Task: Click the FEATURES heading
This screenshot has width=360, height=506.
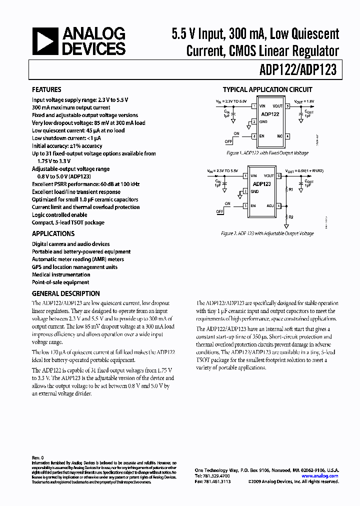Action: pos(46,90)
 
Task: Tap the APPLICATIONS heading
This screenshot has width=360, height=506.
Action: pos(53,233)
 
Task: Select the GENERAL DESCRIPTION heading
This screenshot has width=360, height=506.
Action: pos(65,293)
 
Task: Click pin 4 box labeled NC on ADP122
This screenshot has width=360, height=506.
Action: pos(287,136)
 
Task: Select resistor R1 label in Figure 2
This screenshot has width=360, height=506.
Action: pos(290,190)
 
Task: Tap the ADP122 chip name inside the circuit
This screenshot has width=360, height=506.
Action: pos(270,114)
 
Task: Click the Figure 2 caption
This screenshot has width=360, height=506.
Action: pos(267,233)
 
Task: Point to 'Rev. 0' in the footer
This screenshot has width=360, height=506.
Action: pos(38,457)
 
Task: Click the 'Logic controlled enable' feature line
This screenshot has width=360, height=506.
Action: pos(59,214)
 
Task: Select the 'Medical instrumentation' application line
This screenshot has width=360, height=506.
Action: pos(61,274)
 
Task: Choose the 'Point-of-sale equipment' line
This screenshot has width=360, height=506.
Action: pos(60,282)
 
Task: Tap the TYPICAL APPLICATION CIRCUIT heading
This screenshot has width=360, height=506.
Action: pos(267,90)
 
